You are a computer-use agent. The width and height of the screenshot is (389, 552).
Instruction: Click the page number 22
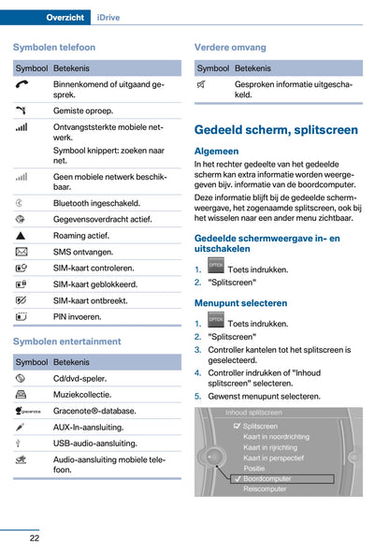click(x=34, y=538)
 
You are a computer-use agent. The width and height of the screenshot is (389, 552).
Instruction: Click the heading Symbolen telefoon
click(x=54, y=47)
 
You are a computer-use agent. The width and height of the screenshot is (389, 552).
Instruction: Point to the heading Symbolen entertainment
click(x=66, y=341)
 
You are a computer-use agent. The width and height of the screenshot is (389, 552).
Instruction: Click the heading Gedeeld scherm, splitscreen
click(x=275, y=130)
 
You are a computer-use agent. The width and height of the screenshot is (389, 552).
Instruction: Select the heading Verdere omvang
click(x=229, y=47)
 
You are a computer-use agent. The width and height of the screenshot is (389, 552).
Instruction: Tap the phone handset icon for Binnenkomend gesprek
click(x=22, y=85)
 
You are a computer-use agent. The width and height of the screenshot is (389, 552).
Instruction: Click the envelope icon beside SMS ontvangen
click(x=22, y=252)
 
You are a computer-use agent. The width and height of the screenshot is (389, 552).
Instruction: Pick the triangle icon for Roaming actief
click(x=22, y=236)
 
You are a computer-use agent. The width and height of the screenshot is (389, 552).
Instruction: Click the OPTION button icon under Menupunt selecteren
click(x=216, y=322)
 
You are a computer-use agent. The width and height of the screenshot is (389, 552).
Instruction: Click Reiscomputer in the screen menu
click(x=266, y=488)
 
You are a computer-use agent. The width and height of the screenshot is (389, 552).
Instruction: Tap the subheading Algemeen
click(x=216, y=151)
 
